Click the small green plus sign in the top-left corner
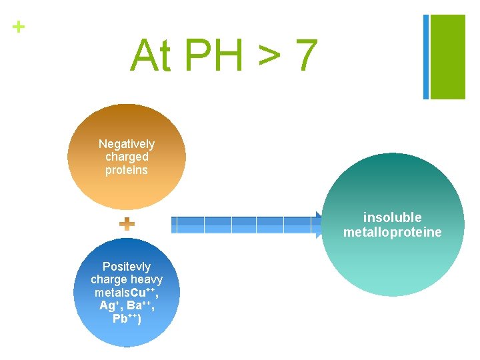tap(19, 27)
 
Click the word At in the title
tap(151, 55)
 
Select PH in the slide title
tap(213, 55)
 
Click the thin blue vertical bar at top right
tap(426, 57)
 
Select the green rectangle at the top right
tap(448, 57)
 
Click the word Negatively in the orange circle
tap(127, 144)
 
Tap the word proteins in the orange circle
tap(127, 169)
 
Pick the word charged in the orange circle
tap(127, 157)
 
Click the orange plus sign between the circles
tap(127, 224)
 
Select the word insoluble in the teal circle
tap(393, 217)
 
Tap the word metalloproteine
tap(393, 232)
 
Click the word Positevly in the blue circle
tap(127, 267)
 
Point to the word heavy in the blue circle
tap(147, 279)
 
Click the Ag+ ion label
tap(107, 305)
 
